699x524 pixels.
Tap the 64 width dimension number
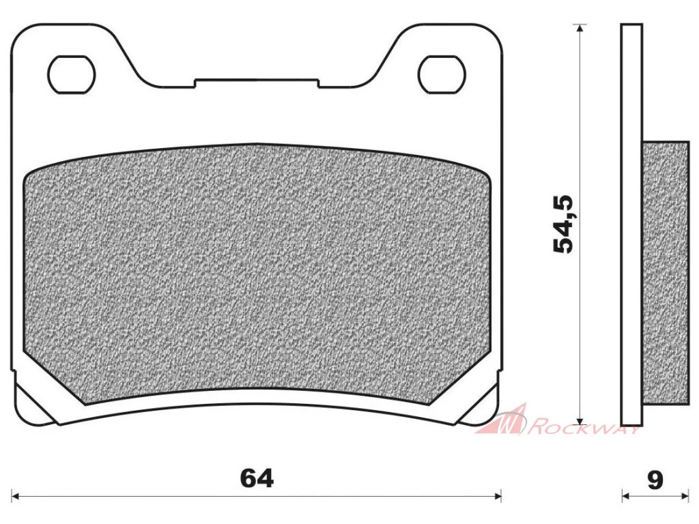point(257,479)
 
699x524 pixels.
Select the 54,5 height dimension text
point(562,224)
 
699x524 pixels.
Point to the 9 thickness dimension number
point(655,480)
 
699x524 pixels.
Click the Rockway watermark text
point(585,427)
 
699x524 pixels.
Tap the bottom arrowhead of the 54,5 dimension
point(579,420)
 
